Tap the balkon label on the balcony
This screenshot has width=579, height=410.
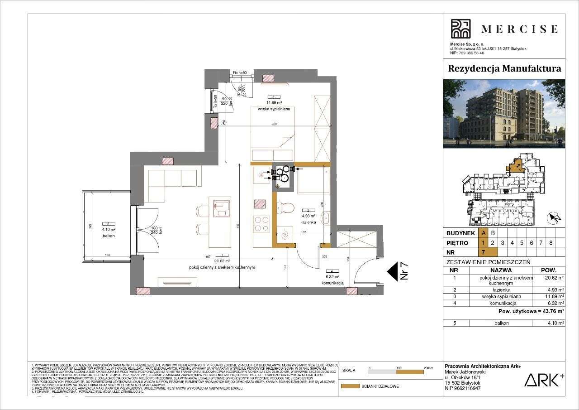click(108, 236)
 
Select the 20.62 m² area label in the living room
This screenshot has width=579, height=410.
click(222, 261)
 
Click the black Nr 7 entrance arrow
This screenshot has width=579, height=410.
click(392, 272)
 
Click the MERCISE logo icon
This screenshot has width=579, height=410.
click(460, 29)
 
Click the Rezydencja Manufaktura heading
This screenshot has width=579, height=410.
click(504, 68)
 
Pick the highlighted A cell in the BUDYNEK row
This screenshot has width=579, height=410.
click(484, 233)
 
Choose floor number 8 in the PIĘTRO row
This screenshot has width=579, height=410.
click(551, 243)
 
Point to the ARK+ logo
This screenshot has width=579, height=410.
click(544, 380)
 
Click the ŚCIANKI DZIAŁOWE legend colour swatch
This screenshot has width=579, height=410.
click(350, 386)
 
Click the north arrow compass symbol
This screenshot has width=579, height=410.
click(554, 218)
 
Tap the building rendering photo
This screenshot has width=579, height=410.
click(504, 114)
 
